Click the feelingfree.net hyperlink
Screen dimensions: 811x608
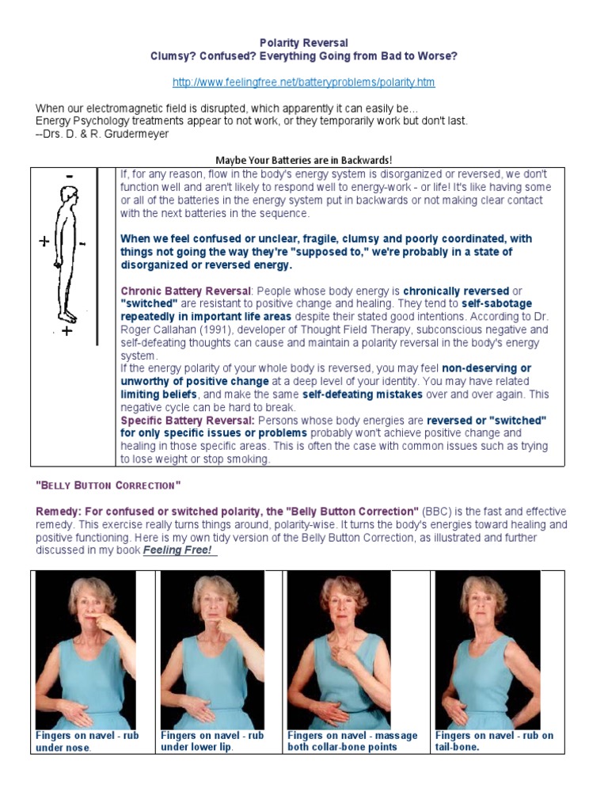pos(303,82)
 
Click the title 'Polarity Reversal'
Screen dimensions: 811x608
pos(304,43)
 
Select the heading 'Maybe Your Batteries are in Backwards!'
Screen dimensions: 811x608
pos(303,161)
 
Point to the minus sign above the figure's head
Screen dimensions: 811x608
pos(70,175)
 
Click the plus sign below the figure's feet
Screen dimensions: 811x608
pos(66,331)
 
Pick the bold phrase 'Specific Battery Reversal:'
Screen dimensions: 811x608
pos(188,420)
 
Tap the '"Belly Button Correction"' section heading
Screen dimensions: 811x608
pos(108,485)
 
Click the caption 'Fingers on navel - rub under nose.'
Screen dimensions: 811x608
pos(86,741)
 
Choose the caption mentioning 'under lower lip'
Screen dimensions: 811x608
pos(212,741)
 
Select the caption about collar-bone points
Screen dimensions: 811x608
pos(352,741)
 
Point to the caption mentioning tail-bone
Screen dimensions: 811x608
pos(494,741)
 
